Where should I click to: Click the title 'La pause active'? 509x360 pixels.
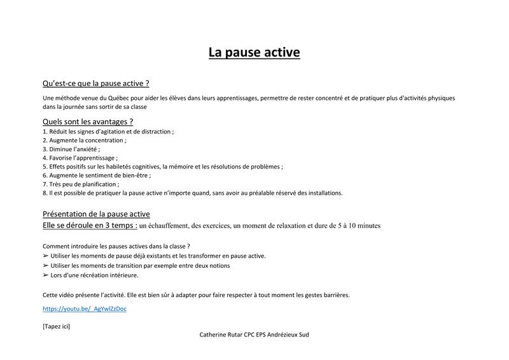point(254,52)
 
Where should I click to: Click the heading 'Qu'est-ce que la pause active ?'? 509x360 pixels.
point(95,83)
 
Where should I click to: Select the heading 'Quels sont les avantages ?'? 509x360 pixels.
point(88,121)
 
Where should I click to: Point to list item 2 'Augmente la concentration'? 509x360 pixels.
point(85,140)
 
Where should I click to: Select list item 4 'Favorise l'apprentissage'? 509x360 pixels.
point(80,158)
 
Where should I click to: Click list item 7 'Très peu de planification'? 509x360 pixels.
point(81,184)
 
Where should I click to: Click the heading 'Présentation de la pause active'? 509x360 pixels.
point(96,214)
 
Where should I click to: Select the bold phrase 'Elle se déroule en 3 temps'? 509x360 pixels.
point(89,225)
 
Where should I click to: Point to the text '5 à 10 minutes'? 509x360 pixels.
point(357,226)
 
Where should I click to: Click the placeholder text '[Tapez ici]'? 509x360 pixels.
point(56,326)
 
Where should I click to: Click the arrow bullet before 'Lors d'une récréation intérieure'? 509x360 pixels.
point(45,275)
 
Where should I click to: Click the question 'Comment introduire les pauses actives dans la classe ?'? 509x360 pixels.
point(116,246)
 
